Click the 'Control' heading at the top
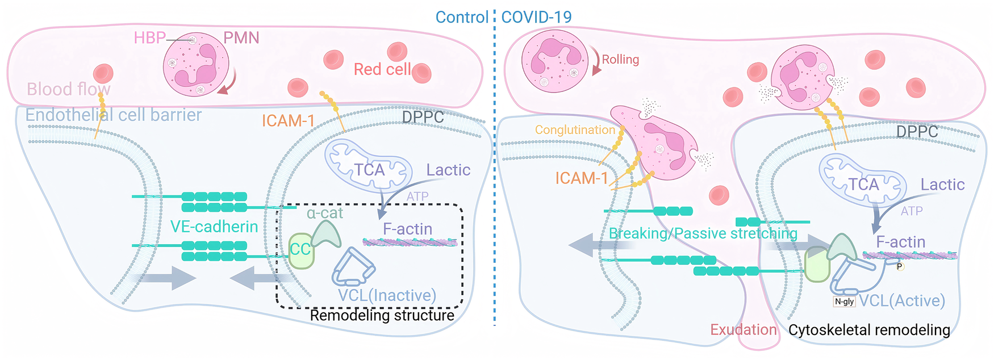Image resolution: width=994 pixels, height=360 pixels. [462, 17]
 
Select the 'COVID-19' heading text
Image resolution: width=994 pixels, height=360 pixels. [536, 17]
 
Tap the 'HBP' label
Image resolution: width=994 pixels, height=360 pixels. [149, 38]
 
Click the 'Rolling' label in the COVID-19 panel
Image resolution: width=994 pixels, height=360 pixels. [620, 60]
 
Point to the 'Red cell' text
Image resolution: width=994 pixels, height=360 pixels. [382, 69]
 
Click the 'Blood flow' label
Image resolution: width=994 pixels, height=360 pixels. [69, 89]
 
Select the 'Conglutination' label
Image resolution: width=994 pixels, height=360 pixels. [575, 130]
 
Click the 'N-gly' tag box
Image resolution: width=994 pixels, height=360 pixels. [844, 302]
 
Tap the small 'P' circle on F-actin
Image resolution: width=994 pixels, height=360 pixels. [900, 266]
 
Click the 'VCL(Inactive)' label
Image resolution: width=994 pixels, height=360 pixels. [387, 295]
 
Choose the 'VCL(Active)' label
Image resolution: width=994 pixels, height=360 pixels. [902, 300]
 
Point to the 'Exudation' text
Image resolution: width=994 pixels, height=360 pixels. [744, 330]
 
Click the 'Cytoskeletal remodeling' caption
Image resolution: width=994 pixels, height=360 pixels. [869, 330]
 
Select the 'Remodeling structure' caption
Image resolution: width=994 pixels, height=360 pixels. [382, 315]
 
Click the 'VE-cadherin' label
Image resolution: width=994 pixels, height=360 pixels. [214, 227]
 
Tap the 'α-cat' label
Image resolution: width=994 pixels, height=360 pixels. [325, 213]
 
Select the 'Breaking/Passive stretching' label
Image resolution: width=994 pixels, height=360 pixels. [703, 233]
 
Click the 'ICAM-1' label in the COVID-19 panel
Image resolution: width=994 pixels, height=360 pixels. [582, 178]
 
